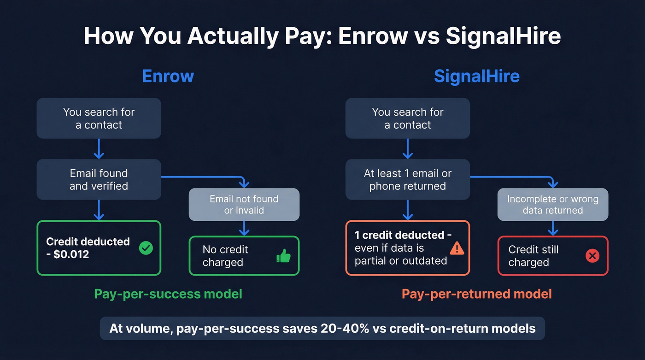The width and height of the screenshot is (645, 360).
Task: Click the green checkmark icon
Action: (146, 248)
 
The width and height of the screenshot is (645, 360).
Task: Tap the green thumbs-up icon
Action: (284, 256)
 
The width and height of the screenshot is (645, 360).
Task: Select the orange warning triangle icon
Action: (457, 248)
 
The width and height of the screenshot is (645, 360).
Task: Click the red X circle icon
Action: (592, 256)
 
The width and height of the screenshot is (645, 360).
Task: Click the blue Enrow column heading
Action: (168, 76)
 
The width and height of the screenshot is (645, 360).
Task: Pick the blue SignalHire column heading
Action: (476, 76)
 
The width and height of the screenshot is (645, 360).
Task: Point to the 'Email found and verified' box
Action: (99, 180)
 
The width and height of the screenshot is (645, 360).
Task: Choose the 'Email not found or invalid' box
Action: (244, 205)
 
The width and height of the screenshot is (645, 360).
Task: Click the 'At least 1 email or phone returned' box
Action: (407, 180)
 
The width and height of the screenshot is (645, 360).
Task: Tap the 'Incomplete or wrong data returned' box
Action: (552, 205)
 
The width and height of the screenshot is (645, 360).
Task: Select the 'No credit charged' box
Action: (244, 256)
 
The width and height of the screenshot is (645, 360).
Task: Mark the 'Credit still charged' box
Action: (552, 256)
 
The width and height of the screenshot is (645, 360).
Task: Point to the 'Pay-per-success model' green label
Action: (168, 294)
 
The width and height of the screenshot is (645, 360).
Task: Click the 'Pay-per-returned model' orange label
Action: (476, 294)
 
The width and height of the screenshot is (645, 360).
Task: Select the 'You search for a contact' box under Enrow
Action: (99, 118)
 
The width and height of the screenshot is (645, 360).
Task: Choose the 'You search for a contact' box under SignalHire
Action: (407, 118)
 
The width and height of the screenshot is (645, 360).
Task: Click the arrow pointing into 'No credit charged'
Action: (244, 229)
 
